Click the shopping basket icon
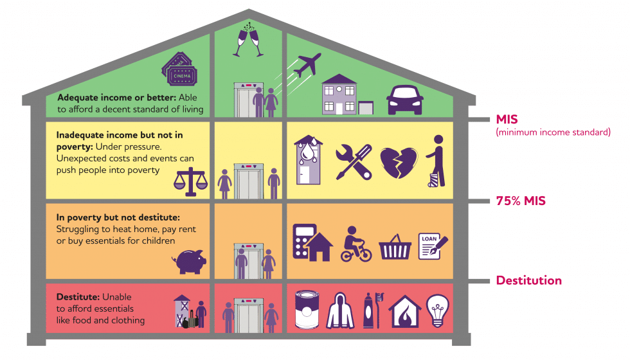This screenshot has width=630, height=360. coord(395,246)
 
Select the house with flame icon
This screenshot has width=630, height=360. coord(405,311)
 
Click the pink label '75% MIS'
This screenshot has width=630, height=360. coord(521,201)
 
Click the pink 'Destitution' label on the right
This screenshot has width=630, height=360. coord(528,280)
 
